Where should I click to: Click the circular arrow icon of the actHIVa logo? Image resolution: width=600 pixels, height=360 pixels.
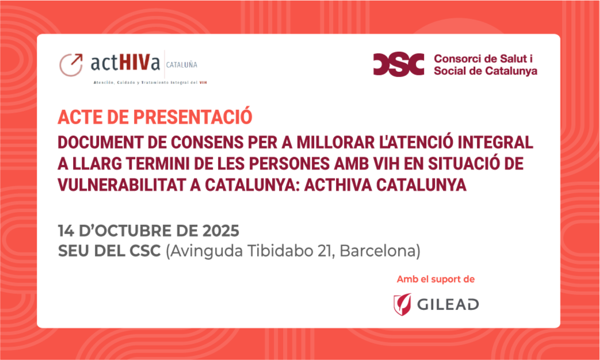tap(71, 64)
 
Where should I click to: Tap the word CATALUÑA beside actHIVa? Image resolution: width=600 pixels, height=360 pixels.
tap(182, 65)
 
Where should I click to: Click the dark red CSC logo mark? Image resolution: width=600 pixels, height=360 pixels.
tap(399, 64)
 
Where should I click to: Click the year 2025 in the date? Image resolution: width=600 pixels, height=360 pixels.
tap(220, 231)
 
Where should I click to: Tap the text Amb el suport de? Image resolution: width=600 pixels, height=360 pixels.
tap(436, 279)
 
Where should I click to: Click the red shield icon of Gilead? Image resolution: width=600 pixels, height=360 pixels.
tap(403, 304)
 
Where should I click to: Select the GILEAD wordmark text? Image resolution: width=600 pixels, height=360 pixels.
tap(448, 305)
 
